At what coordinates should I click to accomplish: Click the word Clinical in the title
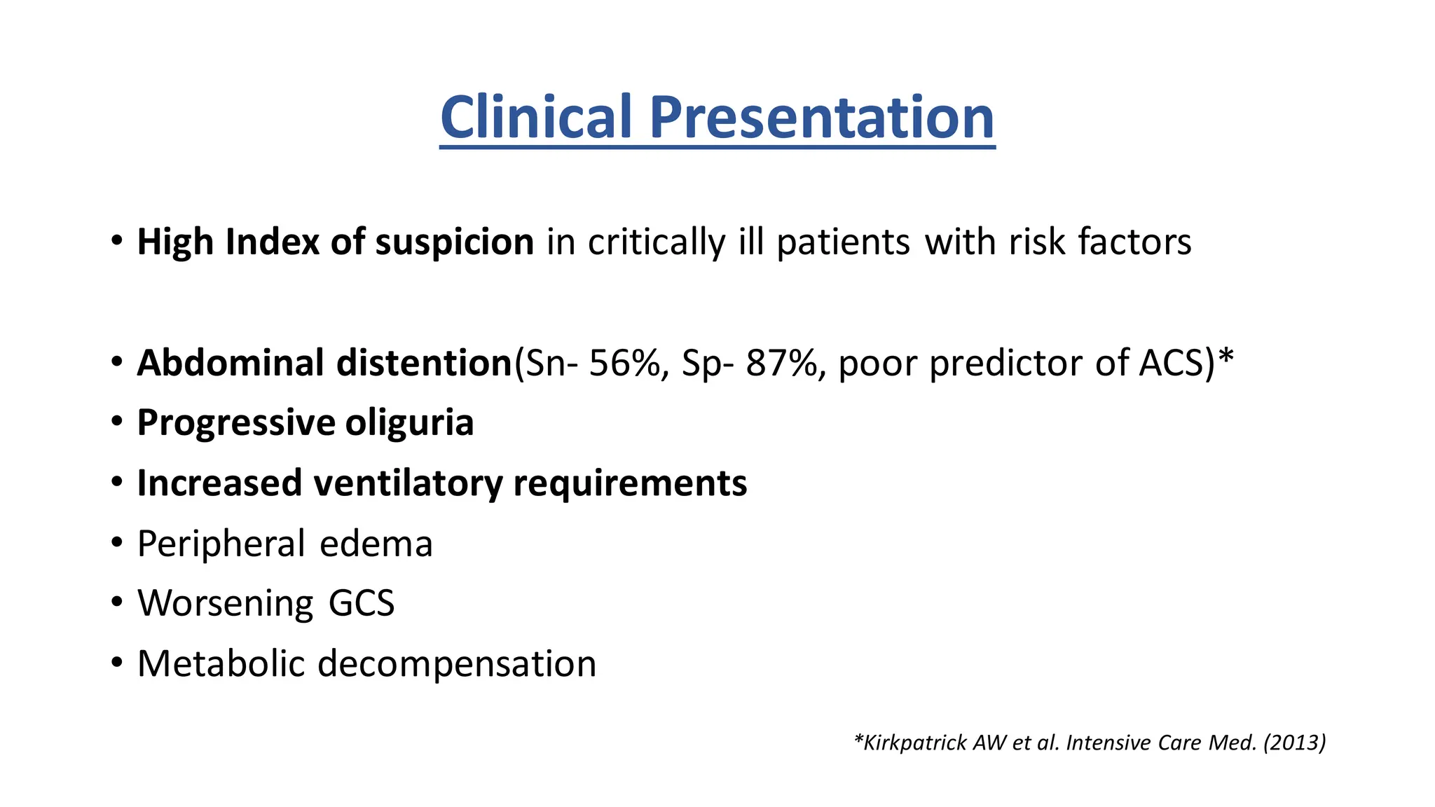[x=536, y=117]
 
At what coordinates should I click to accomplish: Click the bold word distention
[x=424, y=363]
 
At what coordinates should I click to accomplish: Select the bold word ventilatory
[x=408, y=483]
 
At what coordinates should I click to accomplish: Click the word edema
[x=376, y=544]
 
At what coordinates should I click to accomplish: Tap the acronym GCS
[x=362, y=603]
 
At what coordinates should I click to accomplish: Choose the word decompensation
[x=457, y=663]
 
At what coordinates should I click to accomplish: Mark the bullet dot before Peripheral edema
[x=117, y=542]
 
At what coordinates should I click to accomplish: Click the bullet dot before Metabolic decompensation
[x=117, y=662]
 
